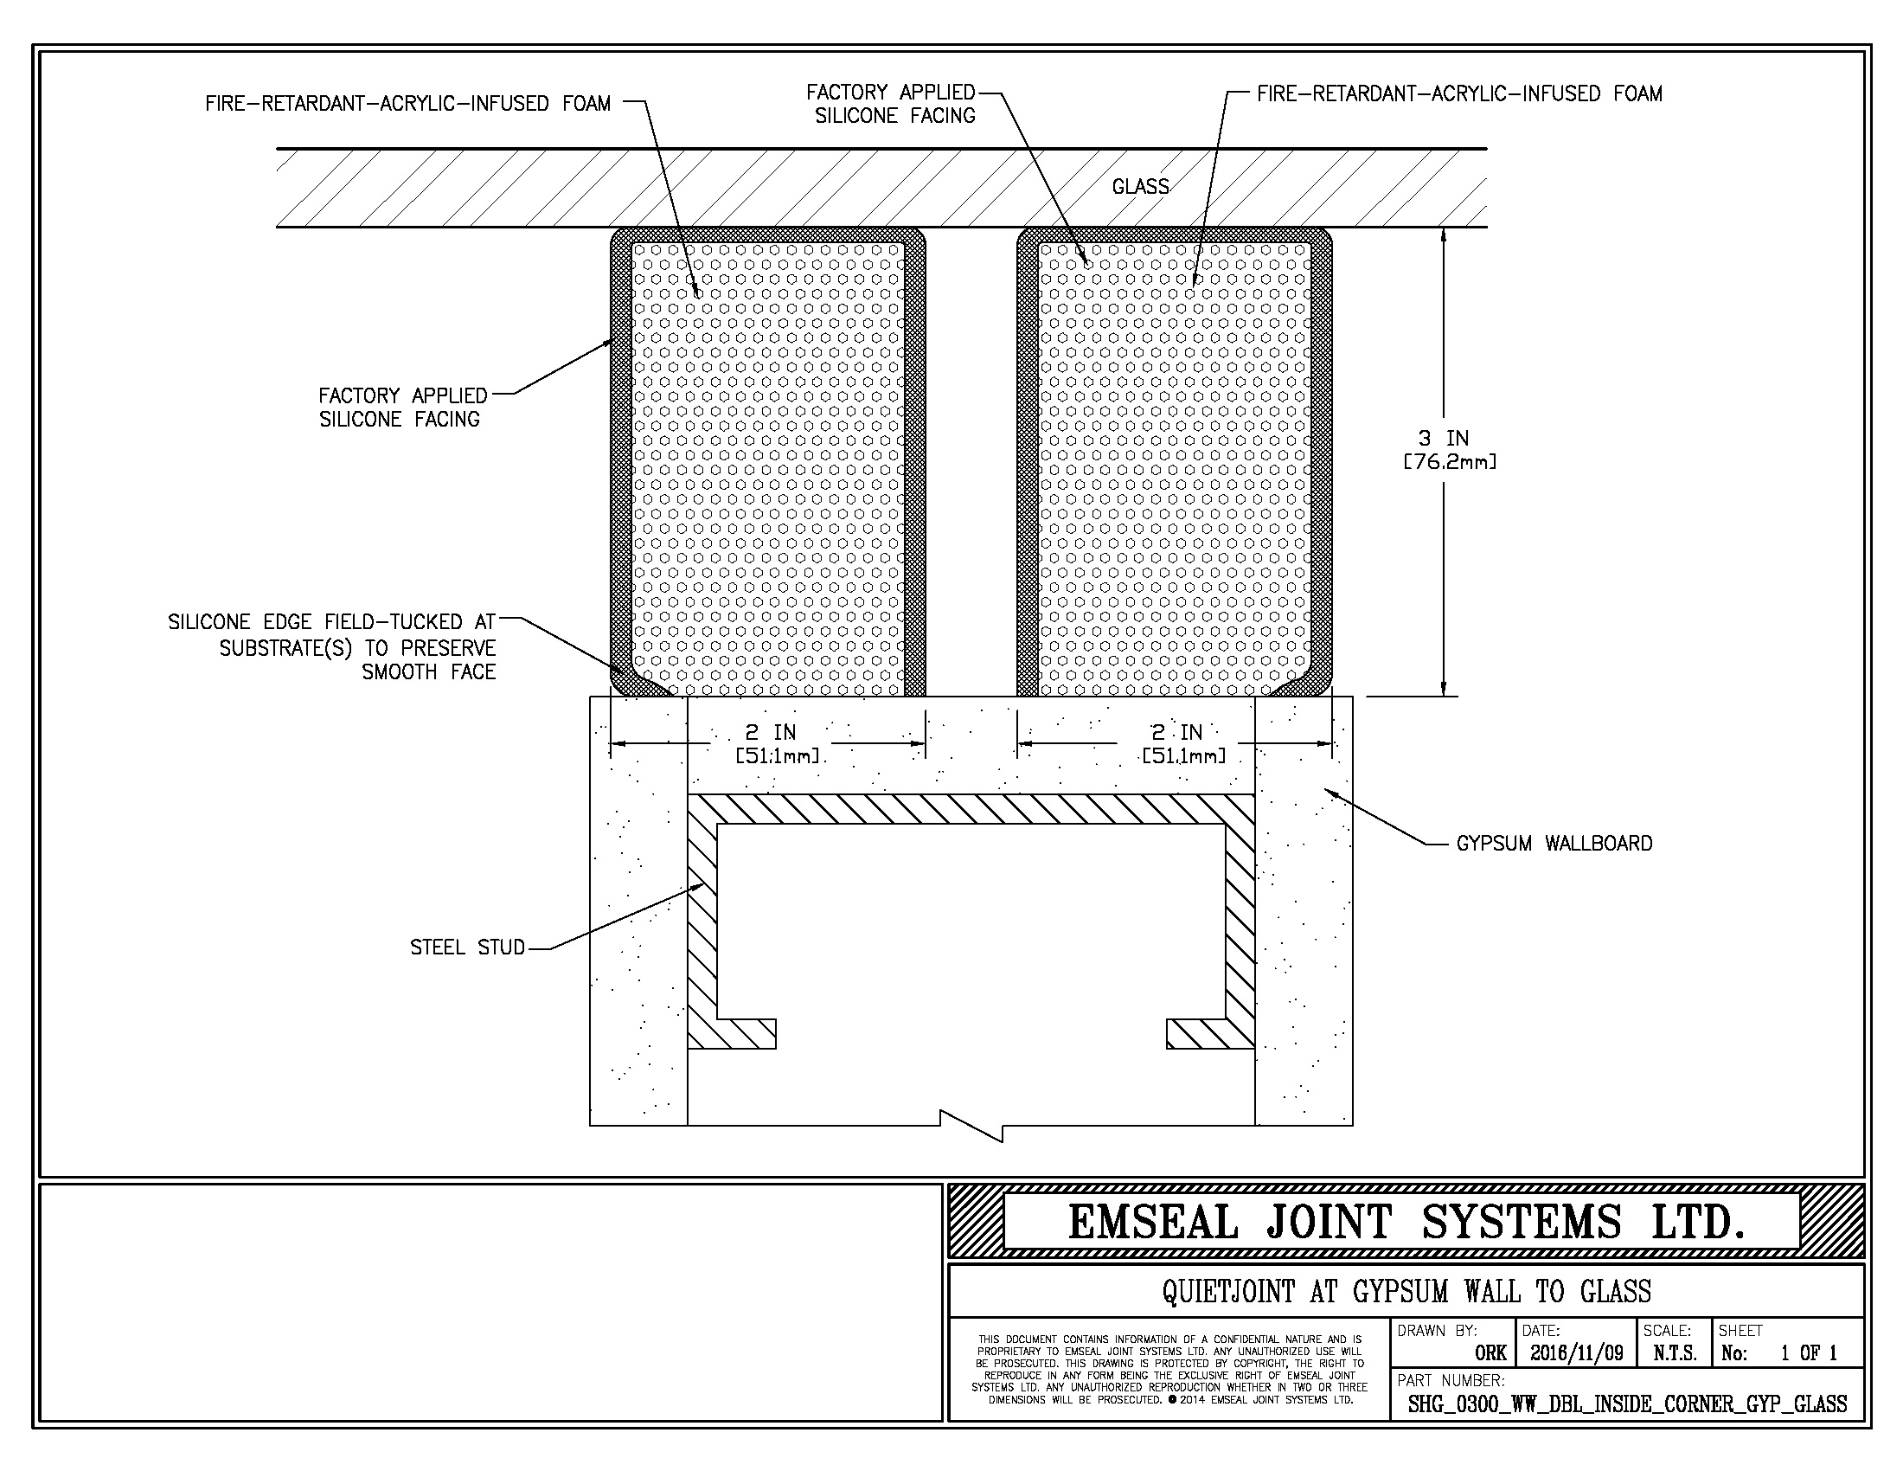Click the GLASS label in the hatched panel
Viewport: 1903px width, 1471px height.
point(1141,187)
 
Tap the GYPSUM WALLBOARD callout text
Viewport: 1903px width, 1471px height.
point(1554,843)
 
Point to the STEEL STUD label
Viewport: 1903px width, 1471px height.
point(468,947)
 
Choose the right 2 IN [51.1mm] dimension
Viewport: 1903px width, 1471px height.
point(1184,744)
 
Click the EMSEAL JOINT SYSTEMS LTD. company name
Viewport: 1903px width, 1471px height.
point(1407,1222)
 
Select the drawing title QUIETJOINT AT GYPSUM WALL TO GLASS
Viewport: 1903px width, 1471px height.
point(1406,1291)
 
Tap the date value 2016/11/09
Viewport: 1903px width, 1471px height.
point(1576,1353)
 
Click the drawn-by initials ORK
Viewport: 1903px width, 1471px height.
point(1491,1353)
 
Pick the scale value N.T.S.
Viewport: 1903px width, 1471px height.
point(1675,1353)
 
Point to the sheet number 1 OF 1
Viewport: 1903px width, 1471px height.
point(1809,1353)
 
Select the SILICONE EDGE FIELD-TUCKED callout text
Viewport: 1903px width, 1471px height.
point(332,646)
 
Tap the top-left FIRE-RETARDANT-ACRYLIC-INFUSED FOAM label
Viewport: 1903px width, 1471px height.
point(407,104)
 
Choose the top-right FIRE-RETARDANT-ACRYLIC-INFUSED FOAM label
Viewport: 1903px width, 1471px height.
point(1459,93)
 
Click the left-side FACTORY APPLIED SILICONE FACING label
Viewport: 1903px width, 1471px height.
point(402,408)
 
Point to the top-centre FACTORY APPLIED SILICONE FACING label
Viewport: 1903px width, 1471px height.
point(890,104)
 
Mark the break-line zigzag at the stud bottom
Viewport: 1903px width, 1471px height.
point(971,1125)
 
